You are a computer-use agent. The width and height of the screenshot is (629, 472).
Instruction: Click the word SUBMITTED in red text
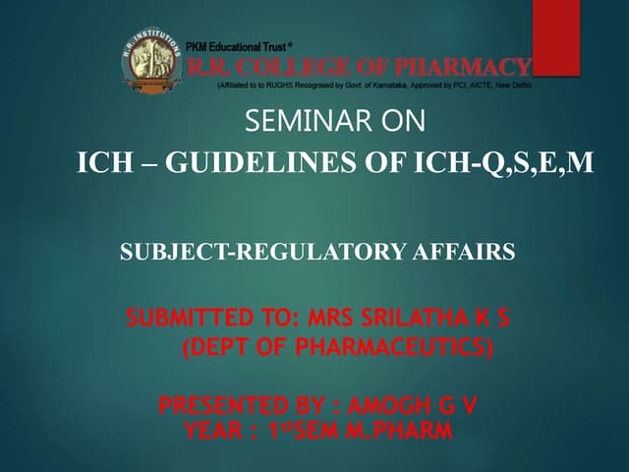tap(182, 320)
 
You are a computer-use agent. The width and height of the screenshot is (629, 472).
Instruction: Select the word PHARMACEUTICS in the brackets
tap(394, 347)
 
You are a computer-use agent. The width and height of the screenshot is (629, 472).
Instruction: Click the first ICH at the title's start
tap(102, 162)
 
